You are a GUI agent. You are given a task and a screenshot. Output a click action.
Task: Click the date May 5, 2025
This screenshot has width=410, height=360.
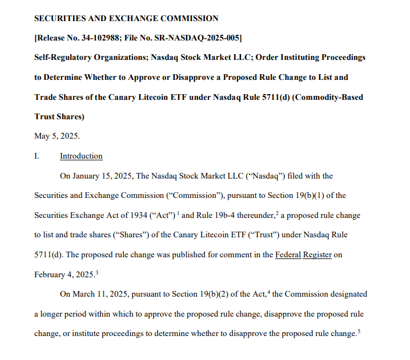[57, 136]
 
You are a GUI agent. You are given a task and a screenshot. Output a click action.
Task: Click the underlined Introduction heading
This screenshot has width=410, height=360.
[81, 156]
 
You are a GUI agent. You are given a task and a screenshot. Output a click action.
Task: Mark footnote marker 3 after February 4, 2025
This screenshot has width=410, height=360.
[97, 272]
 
